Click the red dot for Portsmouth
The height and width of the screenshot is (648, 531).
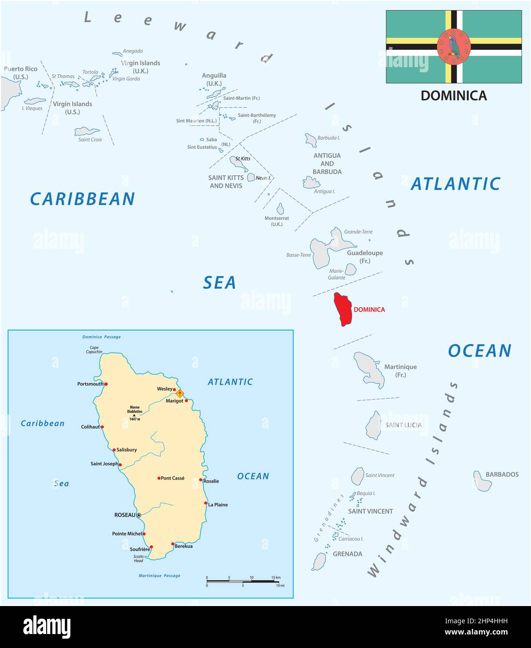click(106, 384)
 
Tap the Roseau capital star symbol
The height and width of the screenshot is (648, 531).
click(139, 515)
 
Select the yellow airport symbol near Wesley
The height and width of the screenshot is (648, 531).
click(179, 393)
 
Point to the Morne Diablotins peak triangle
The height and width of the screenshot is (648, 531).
click(134, 415)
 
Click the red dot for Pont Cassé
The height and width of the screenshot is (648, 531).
click(159, 478)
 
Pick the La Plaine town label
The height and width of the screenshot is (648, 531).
click(218, 504)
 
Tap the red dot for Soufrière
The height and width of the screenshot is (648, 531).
click(151, 547)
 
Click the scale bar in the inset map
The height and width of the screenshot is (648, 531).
click(242, 581)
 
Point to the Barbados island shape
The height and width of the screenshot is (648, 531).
click(483, 481)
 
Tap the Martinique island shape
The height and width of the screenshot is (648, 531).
click(369, 369)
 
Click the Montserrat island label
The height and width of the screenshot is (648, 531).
click(276, 221)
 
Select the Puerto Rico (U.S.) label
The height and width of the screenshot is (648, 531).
click(21, 73)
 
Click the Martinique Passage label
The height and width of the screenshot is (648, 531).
click(159, 576)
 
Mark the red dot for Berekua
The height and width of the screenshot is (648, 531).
click(172, 544)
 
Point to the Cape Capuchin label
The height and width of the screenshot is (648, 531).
click(94, 350)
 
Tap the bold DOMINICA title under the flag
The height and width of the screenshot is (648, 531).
click(454, 96)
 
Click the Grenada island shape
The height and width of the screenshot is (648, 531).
click(319, 561)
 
